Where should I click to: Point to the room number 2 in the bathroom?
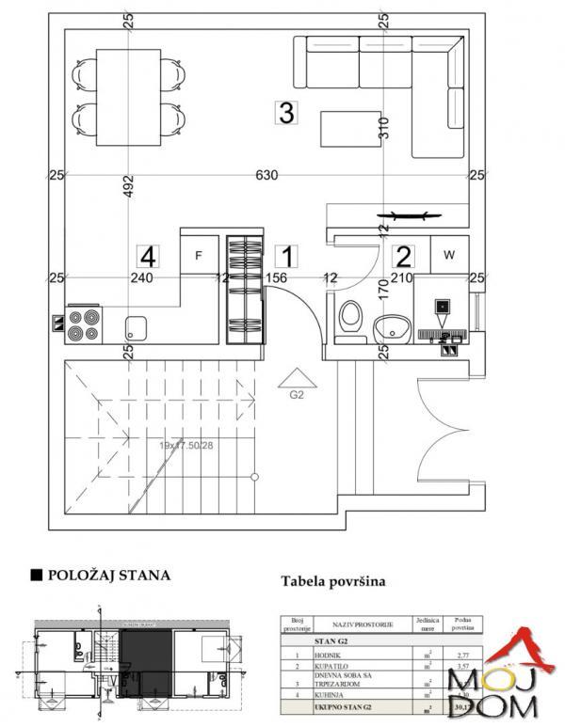403,255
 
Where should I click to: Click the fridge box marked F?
199,255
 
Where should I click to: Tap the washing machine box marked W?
449,254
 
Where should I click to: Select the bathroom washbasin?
391,328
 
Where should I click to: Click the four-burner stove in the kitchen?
83,324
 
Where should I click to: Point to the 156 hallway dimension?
276,277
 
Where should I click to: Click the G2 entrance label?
297,396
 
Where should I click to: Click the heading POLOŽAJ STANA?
107,574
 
